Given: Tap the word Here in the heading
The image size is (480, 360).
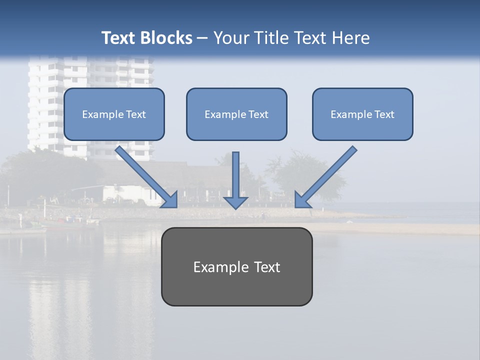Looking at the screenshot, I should click(351, 38).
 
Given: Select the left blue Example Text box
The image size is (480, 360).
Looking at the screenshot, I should click(114, 114).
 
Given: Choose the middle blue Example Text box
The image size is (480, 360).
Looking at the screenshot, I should click(236, 114).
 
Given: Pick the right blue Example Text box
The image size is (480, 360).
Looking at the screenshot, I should click(362, 114).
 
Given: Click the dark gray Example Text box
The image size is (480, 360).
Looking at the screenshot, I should click(236, 267).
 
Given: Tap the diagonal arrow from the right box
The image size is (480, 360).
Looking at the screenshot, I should click(327, 175).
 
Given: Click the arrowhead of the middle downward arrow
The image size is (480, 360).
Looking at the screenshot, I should click(235, 202).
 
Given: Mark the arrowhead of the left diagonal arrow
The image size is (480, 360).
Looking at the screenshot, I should click(170, 200).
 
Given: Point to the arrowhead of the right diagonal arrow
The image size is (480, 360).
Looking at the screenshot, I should click(302, 200).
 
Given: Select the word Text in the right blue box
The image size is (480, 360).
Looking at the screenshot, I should click(384, 114).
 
